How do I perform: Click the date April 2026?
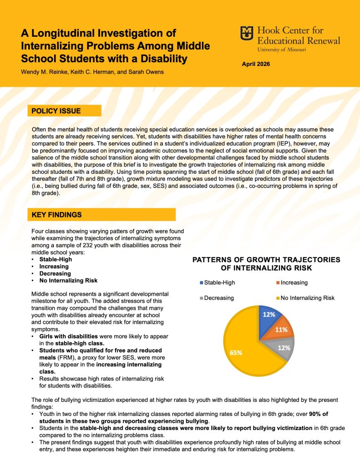click(256, 64)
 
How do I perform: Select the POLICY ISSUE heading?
click(56, 111)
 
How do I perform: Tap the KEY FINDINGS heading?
click(57, 214)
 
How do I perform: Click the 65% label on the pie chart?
click(236, 352)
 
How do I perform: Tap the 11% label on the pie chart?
click(281, 329)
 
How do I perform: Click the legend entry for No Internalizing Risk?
click(307, 298)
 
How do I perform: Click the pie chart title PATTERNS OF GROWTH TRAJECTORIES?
click(266, 260)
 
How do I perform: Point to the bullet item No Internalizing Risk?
click(68, 281)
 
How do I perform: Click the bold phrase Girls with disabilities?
click(68, 336)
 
